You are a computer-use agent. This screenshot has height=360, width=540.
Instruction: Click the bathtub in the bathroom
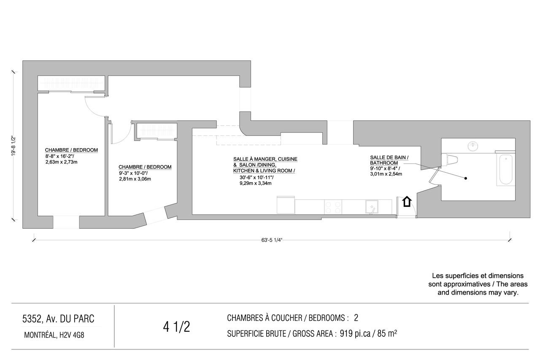point(505,168)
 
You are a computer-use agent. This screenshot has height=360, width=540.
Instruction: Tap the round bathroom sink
point(473,146)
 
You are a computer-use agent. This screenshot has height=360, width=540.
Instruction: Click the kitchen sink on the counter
point(372,207)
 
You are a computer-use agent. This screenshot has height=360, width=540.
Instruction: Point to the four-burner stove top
point(333,207)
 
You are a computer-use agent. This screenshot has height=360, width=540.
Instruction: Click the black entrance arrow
point(407,202)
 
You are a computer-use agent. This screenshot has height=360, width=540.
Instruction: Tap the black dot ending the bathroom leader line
point(465,178)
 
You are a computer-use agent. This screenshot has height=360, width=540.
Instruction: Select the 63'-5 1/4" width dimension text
point(272,240)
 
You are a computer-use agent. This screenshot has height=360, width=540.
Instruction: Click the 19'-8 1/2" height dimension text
point(13,146)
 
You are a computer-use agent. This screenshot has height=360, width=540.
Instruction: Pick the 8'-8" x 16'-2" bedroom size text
point(59,156)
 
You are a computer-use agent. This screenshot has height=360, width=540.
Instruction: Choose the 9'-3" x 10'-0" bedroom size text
point(133,173)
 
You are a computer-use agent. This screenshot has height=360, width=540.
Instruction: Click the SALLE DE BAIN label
point(389,157)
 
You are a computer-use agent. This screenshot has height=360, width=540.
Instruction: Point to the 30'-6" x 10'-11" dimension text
point(256,178)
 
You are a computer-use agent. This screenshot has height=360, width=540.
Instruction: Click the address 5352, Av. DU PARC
point(58,319)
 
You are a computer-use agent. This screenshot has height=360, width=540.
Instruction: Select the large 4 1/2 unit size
point(176,327)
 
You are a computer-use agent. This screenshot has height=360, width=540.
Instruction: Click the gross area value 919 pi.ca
point(355,334)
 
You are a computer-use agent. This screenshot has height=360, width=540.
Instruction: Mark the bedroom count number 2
point(356,318)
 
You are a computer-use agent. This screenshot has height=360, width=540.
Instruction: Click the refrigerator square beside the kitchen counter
point(286,205)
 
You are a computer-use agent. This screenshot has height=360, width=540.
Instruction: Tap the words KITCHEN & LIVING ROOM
point(264,171)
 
